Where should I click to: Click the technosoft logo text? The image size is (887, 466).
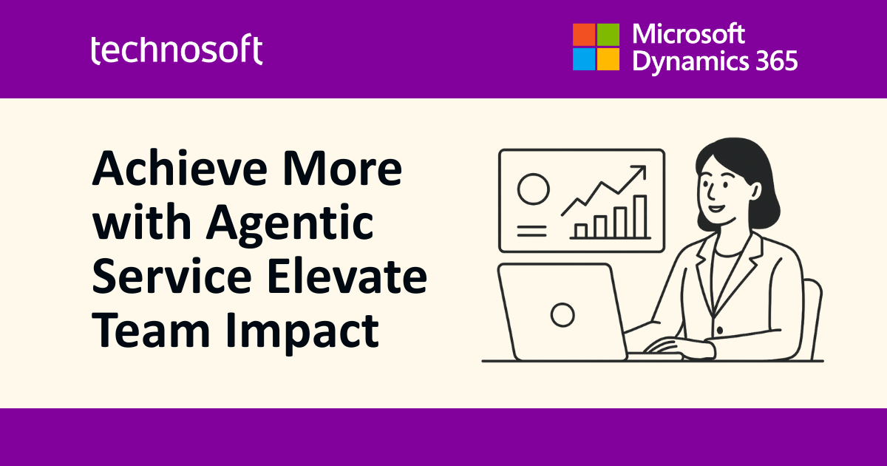(177, 49)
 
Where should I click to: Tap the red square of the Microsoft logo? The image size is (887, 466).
(584, 35)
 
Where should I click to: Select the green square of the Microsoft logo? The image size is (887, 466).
(608, 35)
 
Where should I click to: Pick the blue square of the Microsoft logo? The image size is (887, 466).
(584, 59)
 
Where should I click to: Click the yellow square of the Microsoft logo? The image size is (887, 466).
(608, 59)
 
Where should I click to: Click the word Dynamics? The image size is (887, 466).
(690, 62)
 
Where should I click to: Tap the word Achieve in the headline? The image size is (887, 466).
(180, 168)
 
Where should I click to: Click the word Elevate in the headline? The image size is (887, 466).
(347, 276)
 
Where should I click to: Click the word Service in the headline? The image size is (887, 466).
(171, 276)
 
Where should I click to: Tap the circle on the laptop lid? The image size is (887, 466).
(563, 315)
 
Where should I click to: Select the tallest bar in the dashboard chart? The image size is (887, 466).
(640, 216)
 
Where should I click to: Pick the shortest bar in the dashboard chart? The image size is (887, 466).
(580, 231)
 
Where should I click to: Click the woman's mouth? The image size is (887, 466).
(717, 208)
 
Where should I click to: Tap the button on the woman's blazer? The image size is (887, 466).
(720, 330)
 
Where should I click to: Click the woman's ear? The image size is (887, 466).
(755, 191)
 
